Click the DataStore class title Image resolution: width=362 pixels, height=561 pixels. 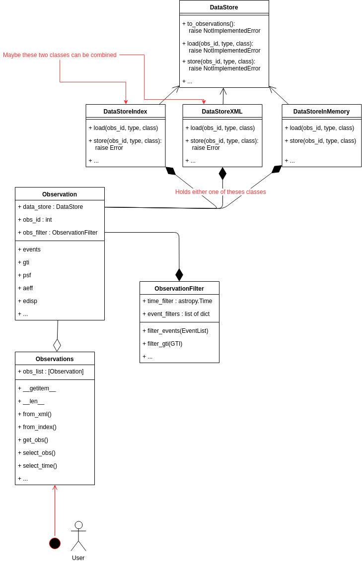point(224,7)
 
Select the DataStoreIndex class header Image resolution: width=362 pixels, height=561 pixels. point(125,112)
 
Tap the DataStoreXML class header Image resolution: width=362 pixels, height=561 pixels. point(222,112)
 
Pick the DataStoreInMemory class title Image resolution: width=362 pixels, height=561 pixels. point(321,112)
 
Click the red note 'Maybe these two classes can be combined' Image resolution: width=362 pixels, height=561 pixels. point(60,55)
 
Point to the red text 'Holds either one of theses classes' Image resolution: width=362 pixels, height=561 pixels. point(220,192)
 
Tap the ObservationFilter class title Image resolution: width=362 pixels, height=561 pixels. point(179,289)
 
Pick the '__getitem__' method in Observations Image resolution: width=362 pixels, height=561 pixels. point(39,388)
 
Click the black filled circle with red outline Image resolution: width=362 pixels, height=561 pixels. point(55,543)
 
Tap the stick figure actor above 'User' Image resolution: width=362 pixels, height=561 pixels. point(78,536)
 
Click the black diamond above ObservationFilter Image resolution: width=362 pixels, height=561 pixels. point(179,275)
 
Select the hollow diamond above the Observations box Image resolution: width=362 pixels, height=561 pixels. point(57,345)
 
